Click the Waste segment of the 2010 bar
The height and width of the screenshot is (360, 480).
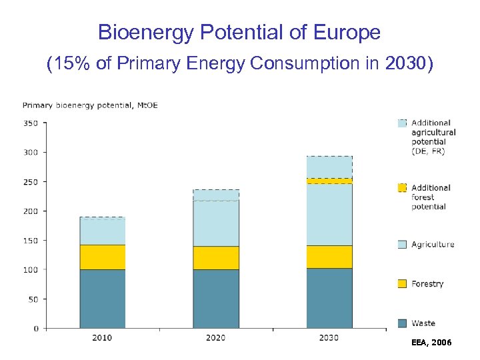tap(102, 299)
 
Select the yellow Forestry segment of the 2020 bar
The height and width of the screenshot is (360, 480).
tap(215, 257)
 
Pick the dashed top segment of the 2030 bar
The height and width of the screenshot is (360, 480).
tap(329, 167)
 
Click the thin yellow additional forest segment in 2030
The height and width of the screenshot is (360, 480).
tap(329, 181)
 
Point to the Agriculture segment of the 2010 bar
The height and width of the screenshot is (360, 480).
tap(102, 231)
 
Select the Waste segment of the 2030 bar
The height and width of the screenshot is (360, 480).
tap(329, 298)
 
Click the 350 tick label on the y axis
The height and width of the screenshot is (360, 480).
tap(31, 123)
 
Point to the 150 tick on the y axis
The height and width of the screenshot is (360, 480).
tap(31, 241)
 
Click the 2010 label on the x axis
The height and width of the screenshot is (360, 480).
tap(102, 338)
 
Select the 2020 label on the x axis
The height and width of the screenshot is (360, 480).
tap(215, 338)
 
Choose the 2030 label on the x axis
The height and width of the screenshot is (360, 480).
tap(329, 338)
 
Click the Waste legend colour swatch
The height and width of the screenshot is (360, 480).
tap(401, 323)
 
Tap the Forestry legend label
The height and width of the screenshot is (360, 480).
tap(427, 284)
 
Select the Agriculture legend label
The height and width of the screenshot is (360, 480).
tap(433, 245)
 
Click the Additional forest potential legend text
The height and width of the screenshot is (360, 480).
tap(431, 197)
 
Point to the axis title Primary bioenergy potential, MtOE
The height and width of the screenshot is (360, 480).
tap(90, 105)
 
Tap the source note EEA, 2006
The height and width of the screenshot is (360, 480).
tap(432, 342)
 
